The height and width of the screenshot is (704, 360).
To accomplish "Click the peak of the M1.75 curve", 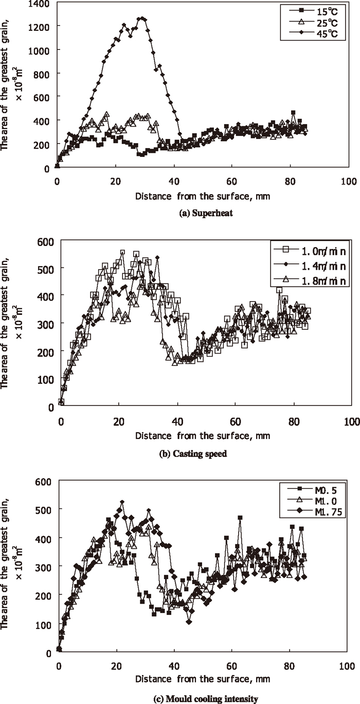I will tap(122, 502).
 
